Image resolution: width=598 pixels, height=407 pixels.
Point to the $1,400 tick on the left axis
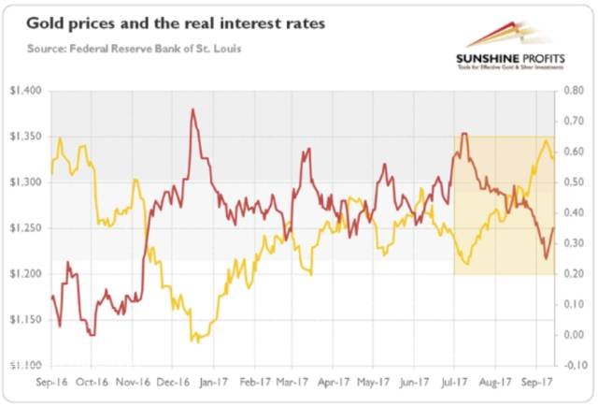point(25,91)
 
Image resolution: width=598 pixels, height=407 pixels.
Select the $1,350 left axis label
point(25,137)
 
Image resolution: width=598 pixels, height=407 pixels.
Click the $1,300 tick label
point(25,182)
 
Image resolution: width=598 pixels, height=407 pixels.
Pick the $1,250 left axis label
point(25,228)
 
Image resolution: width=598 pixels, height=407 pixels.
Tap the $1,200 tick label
point(25,274)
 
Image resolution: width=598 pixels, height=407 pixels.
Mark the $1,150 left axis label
point(25,320)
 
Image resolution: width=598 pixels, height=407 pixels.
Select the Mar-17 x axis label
point(293,383)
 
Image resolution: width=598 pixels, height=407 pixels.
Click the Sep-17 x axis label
point(535,383)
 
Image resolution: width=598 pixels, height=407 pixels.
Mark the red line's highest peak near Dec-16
point(192,109)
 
